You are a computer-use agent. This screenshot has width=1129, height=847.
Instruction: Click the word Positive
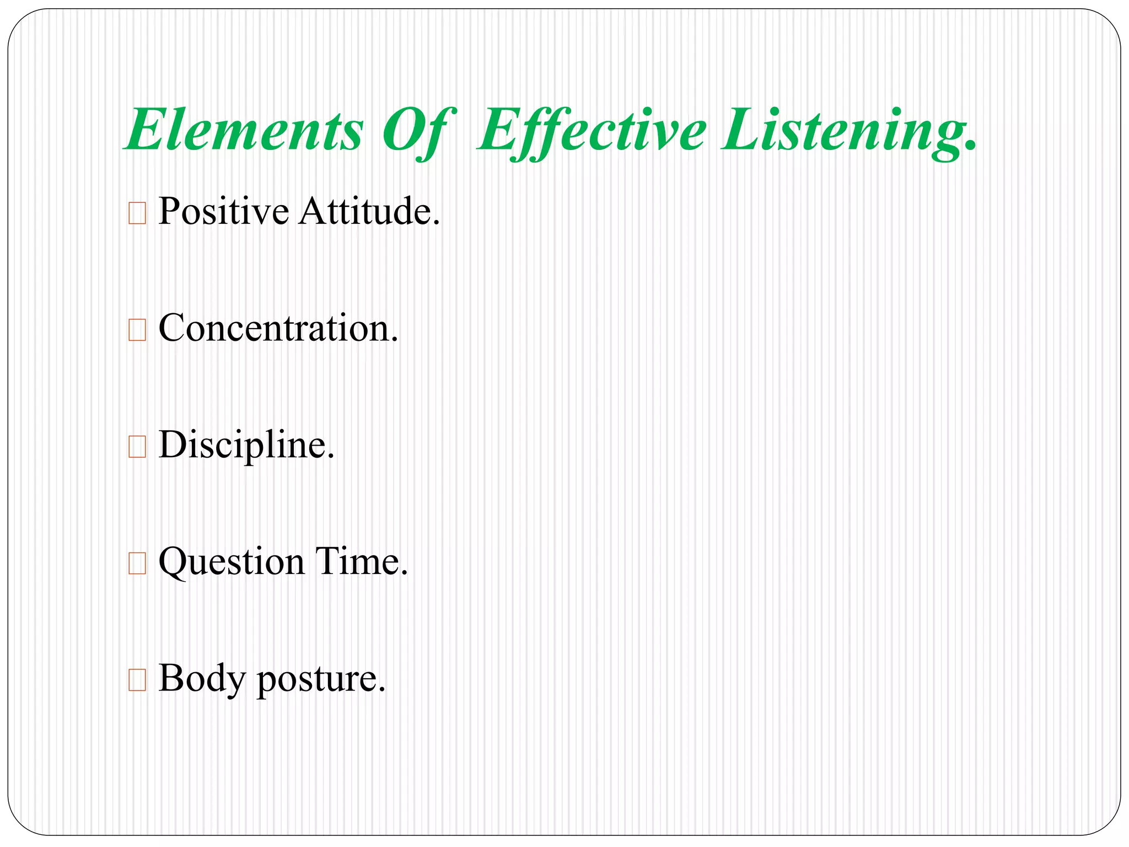[223, 211]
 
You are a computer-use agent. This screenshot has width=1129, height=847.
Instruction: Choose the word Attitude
[369, 211]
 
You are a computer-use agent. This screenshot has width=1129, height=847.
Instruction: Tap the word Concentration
[278, 328]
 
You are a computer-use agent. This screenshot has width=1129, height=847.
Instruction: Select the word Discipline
[246, 445]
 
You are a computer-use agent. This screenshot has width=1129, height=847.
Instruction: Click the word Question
[232, 562]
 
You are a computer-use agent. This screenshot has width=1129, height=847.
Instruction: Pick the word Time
[361, 562]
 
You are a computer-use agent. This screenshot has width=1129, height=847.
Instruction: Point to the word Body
[201, 679]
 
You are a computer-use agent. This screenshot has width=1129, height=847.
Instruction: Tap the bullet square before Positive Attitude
[137, 213]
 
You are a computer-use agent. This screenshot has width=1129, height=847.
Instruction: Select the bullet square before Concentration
[137, 330]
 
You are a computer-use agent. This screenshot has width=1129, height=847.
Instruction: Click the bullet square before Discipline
[137, 447]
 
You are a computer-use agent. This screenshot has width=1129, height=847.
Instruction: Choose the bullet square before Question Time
[137, 564]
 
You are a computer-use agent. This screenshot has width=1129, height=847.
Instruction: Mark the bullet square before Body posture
[137, 680]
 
